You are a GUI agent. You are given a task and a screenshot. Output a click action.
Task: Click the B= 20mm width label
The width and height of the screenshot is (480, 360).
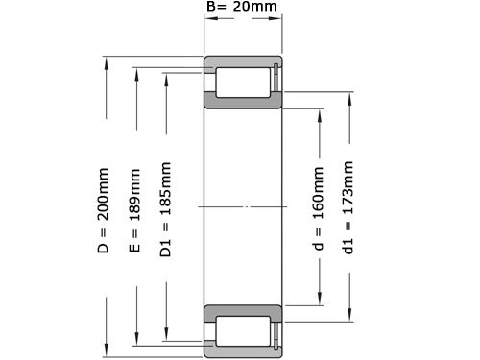point(243,8)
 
